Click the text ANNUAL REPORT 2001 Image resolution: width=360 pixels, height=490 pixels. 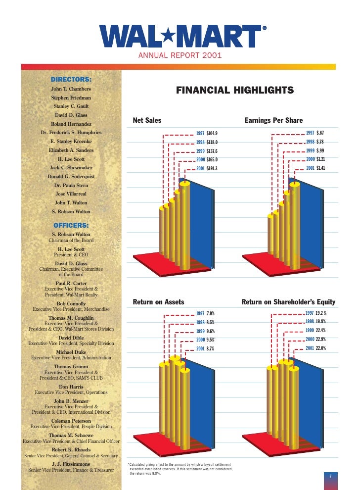coord(180,55)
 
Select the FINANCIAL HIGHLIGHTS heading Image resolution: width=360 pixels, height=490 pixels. coord(235,90)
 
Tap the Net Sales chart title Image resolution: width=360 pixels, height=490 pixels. coord(147,120)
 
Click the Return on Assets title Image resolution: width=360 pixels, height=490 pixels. coord(158,302)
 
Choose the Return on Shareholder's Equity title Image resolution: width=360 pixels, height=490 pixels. coord(288,302)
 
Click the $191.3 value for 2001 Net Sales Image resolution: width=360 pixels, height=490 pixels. coord(212,169)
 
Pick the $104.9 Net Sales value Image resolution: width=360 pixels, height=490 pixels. coord(212,133)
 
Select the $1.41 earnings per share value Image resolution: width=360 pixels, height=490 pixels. coord(321,168)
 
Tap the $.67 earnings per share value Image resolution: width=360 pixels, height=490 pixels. coord(320,133)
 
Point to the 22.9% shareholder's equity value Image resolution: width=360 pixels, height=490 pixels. coord(321,340)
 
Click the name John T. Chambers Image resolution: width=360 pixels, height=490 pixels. coord(71,89)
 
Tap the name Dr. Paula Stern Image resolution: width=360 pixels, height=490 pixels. coord(71,185)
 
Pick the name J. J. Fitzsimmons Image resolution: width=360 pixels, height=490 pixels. coord(71,464)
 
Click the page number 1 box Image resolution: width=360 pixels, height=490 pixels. coord(330,476)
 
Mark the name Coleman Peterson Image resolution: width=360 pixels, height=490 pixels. coord(71,421)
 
